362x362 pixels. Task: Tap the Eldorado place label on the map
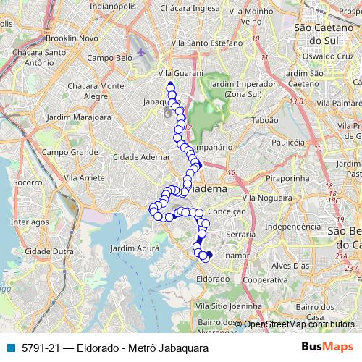[x=213, y=278]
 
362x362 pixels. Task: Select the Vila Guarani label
[x=177, y=73]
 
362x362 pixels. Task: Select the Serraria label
[x=241, y=235]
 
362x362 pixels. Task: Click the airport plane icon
[x=140, y=53]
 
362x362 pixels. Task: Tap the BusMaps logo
[x=327, y=348]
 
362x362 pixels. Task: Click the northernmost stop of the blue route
[x=170, y=85]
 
